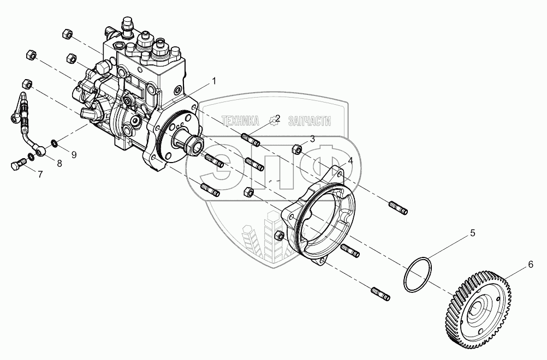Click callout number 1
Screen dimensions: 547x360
pos(214,81)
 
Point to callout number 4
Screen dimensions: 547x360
pos(350,161)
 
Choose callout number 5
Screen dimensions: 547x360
pos(473,233)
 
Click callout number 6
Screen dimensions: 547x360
pos(529,265)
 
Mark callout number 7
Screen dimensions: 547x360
pos(40,174)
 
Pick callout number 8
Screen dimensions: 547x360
pos(59,163)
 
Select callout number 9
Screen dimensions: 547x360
pos(74,154)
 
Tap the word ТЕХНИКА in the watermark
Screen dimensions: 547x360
pos(242,121)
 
